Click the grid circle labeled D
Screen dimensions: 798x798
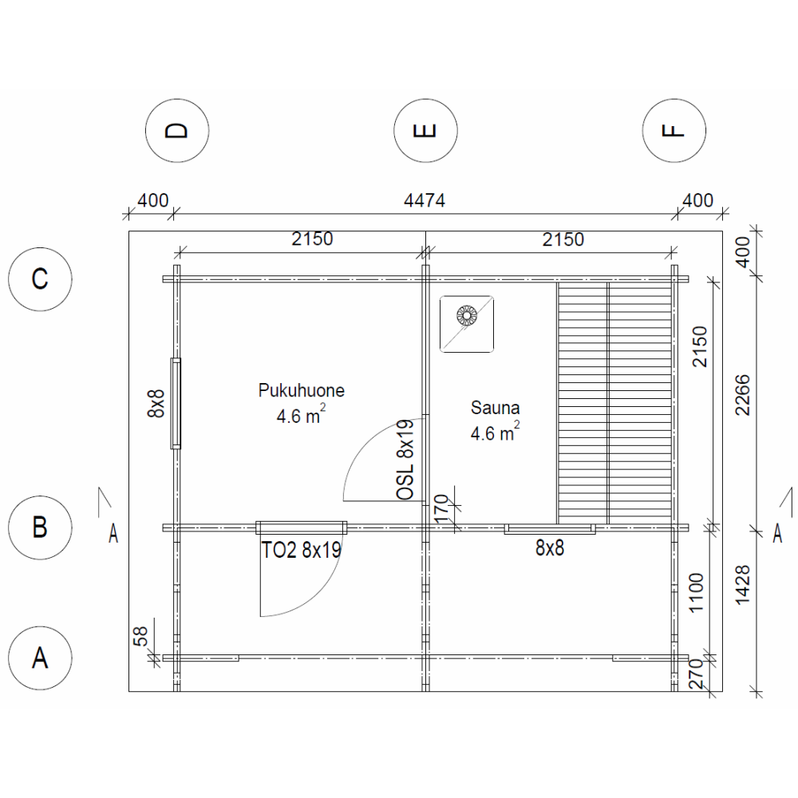(177, 131)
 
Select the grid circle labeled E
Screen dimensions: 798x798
(425, 131)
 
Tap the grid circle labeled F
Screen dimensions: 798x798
(674, 131)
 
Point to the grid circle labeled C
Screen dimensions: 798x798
(40, 279)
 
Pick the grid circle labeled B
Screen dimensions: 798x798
(40, 527)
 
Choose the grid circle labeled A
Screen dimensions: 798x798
(40, 658)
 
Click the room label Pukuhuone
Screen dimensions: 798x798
(302, 390)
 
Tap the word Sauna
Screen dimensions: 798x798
(496, 408)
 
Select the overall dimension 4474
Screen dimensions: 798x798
(425, 200)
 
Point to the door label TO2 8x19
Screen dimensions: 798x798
(301, 550)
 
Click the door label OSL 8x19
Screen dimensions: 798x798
(405, 459)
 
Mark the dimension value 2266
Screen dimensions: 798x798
(743, 395)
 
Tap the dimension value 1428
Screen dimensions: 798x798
(743, 584)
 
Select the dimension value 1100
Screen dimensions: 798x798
(696, 593)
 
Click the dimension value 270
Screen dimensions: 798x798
(696, 674)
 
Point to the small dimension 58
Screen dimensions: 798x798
(140, 636)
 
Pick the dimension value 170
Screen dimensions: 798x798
(442, 508)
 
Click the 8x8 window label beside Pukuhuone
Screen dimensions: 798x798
(156, 404)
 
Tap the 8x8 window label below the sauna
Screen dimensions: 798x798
(550, 548)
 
